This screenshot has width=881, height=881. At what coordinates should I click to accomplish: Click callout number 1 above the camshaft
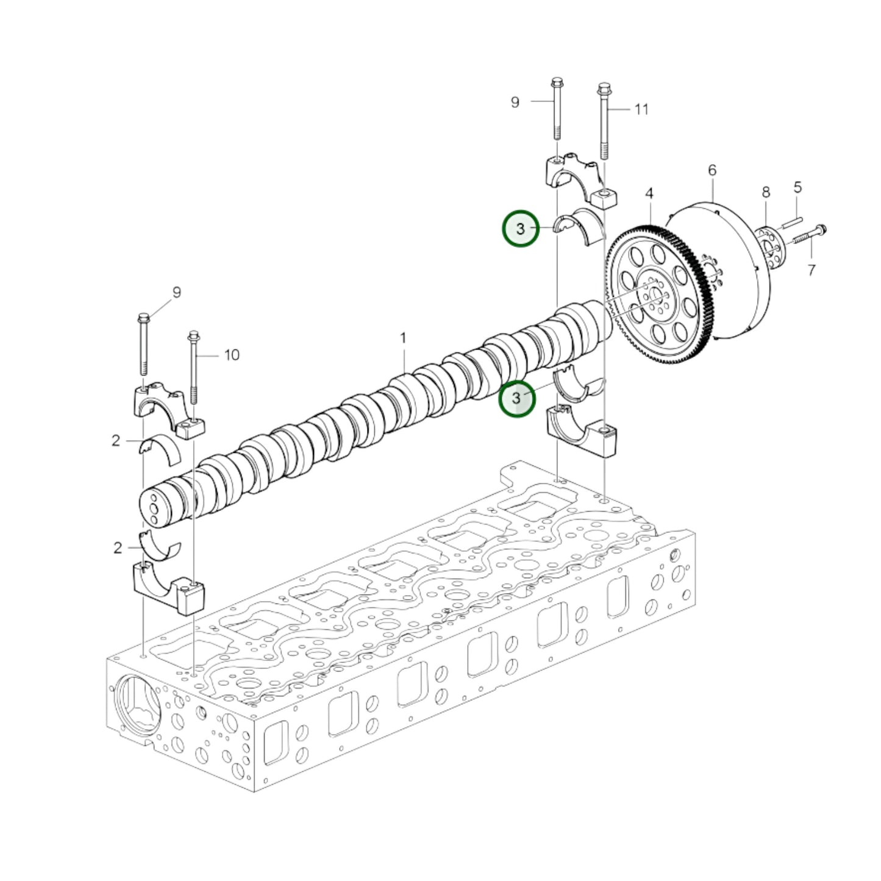[403, 338]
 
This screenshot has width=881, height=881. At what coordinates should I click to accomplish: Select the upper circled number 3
[520, 229]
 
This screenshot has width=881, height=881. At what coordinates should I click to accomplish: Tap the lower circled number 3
[516, 399]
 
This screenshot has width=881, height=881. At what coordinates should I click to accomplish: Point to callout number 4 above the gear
[649, 194]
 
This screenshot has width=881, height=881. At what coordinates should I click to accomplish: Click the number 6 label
[712, 171]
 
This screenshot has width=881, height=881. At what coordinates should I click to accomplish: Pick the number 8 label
[766, 193]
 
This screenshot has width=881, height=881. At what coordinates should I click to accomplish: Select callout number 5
[797, 188]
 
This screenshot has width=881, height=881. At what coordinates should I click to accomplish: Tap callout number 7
[811, 269]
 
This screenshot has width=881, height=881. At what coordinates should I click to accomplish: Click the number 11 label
[641, 109]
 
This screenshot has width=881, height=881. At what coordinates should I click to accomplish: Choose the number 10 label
[232, 355]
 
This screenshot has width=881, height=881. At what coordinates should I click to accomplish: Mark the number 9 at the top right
[515, 102]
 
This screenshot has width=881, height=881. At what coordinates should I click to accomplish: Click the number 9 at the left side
[177, 293]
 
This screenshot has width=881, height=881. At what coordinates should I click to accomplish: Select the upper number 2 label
[116, 440]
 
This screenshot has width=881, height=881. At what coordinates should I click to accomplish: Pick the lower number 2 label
[118, 548]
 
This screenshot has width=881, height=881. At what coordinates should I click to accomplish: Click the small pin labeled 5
[791, 221]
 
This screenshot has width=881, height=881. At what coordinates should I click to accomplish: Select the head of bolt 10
[193, 336]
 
